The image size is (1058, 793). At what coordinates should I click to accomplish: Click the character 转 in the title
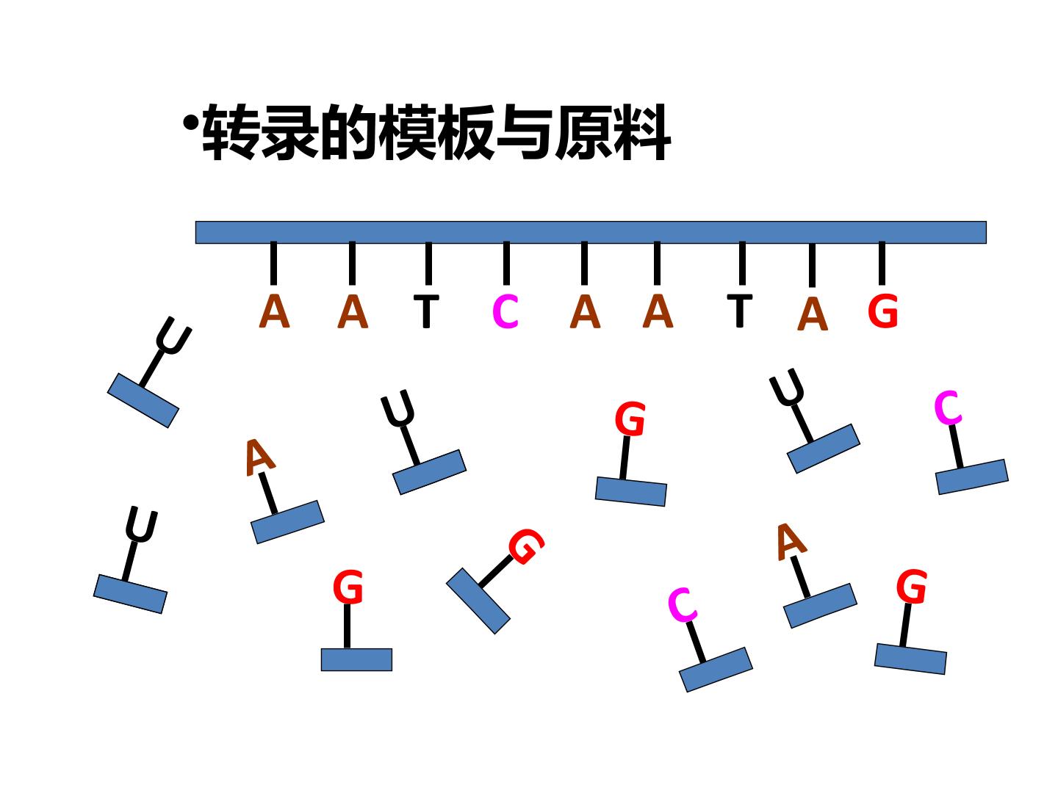pos(231,132)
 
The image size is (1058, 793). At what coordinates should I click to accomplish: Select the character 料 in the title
pos(642,132)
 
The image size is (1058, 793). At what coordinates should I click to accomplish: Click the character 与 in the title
pos(525,132)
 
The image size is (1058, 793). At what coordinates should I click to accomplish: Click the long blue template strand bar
pos(591,232)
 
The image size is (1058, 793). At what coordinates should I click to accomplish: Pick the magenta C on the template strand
pos(505,311)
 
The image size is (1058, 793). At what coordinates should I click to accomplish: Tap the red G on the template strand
pos(882,311)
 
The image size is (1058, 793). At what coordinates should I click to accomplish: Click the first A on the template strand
pos(274,311)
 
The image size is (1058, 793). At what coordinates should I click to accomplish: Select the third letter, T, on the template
pos(427,311)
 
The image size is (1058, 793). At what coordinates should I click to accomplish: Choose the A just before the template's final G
pos(812,314)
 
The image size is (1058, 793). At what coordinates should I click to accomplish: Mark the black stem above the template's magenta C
pos(506,264)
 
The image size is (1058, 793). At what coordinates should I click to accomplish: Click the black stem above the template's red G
pos(882,264)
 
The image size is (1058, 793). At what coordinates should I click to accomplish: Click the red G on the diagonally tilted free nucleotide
pos(526,546)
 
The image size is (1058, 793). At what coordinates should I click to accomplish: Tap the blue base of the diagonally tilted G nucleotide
pos(478,601)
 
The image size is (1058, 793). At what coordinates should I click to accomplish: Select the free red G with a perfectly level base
pos(348,587)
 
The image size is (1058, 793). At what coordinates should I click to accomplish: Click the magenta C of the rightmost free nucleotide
pos(948,408)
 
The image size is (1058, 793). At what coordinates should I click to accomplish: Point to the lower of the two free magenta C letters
pos(682,605)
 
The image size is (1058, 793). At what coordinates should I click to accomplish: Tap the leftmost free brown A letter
pos(259,457)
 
